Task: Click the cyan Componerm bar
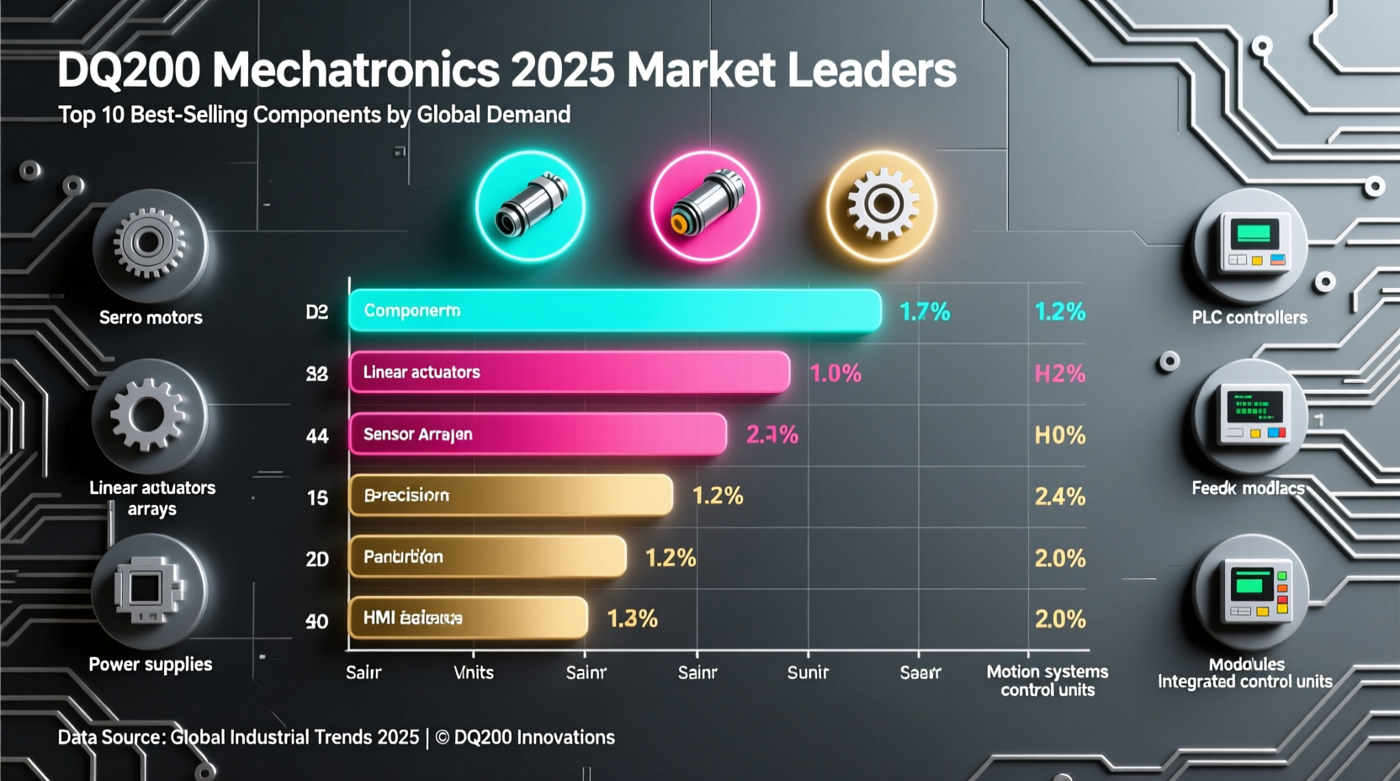[x=614, y=311]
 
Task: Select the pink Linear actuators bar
[x=569, y=373]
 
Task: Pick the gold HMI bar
[x=467, y=618]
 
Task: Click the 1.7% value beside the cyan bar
[x=925, y=312]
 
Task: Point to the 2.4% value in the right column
[x=1059, y=497]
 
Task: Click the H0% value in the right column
[x=1059, y=435]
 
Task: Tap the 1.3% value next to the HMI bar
[x=632, y=619]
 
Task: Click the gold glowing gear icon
[x=881, y=205]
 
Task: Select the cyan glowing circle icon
[x=530, y=205]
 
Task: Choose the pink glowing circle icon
[x=705, y=205]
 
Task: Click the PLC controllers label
[x=1249, y=318]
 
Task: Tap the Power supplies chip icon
[x=149, y=589]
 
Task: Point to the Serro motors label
[x=151, y=318]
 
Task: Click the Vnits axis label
[x=474, y=672]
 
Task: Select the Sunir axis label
[x=808, y=672]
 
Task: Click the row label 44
[x=317, y=436]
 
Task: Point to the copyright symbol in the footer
[x=442, y=738]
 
